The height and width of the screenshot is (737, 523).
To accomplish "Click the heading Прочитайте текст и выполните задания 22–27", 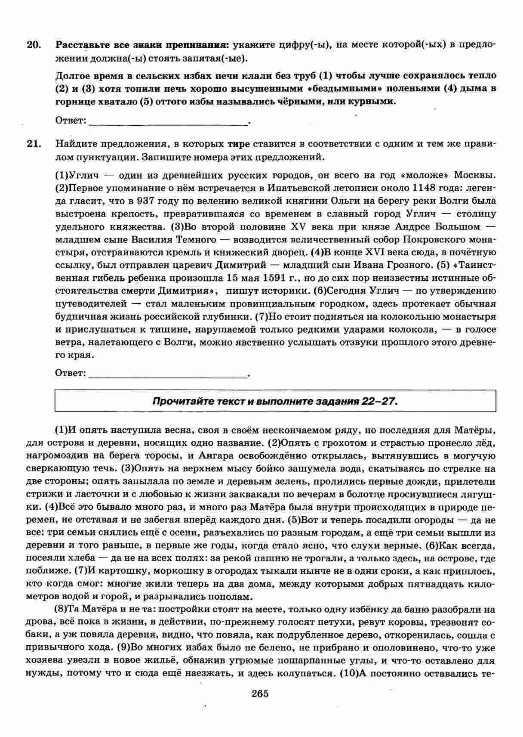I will (x=275, y=402).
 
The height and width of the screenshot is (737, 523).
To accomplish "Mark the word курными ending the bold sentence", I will (x=373, y=102).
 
